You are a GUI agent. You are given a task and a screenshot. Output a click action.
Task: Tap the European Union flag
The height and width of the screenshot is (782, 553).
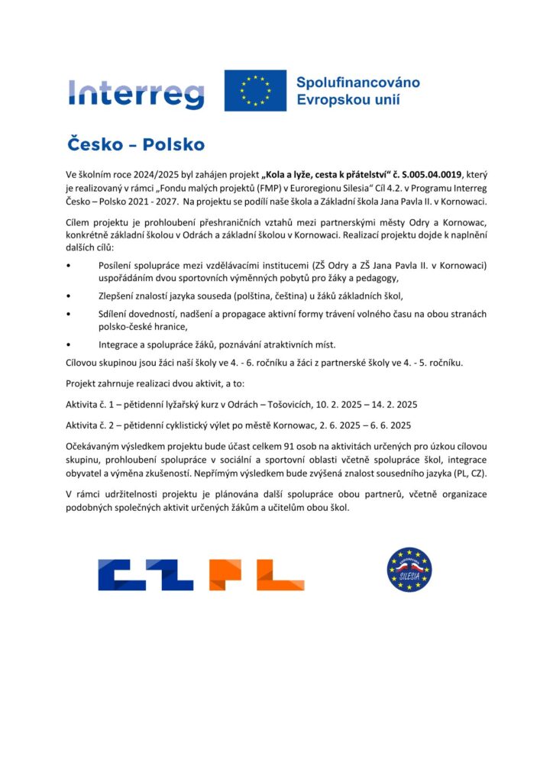click(255, 91)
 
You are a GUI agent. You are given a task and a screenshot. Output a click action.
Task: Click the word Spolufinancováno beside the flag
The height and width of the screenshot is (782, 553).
click(357, 82)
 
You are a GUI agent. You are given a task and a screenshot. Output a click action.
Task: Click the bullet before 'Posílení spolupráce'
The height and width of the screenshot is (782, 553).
click(70, 265)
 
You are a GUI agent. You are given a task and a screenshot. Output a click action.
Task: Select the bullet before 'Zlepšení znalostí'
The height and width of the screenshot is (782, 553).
click(70, 296)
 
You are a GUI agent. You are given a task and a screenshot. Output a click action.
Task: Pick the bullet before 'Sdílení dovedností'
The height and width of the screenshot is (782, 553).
click(70, 314)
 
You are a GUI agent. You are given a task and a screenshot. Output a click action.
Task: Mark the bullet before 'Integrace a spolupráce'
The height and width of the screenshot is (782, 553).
click(70, 344)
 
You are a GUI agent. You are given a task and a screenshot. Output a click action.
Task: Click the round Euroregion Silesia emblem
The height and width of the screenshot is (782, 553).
click(409, 570)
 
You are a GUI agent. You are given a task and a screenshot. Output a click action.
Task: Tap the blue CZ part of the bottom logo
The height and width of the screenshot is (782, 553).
click(146, 575)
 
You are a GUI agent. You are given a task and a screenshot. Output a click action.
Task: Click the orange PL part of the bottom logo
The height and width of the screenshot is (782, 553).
click(256, 575)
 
